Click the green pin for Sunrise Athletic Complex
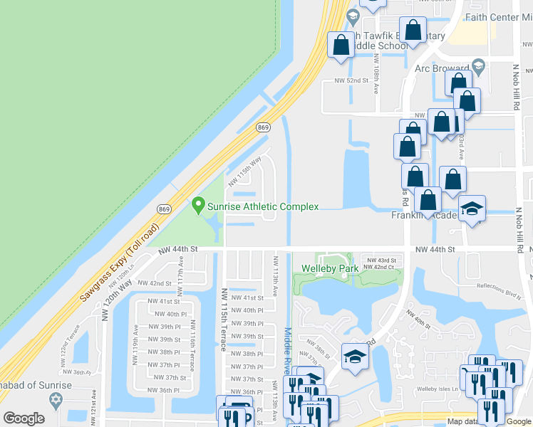coord(198,206)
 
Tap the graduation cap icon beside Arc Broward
coord(479,68)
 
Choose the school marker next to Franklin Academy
coord(471,209)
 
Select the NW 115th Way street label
coord(245,172)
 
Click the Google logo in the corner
coord(24,418)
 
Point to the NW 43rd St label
coord(381,260)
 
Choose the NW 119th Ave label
coord(135,345)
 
